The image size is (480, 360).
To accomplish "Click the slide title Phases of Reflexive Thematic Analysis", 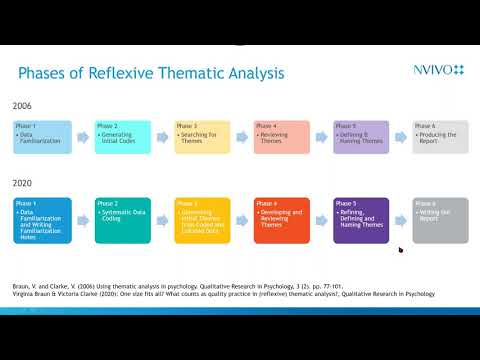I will pos(152,73).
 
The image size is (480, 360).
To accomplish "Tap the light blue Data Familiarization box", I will pos(43,136).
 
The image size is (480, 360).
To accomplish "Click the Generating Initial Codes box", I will pos(122,136).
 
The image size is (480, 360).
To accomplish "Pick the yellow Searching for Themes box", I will pos(202,136).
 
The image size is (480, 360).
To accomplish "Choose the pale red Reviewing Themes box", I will pos(282,136).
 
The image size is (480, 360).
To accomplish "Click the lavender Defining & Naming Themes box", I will pos(361,136).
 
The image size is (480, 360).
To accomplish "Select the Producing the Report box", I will pos(440,136).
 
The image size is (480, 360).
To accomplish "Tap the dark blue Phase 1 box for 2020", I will pos(43,220).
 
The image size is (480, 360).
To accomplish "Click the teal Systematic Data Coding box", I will pos(122,220).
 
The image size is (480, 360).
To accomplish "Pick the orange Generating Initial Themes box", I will pos(202,220).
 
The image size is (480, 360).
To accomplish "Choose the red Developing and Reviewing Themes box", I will pos(282,220).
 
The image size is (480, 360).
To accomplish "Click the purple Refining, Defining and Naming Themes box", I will pos(361,220).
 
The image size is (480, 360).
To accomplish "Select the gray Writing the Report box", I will pos(440,220).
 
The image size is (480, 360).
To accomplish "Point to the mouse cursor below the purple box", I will pos(400,250).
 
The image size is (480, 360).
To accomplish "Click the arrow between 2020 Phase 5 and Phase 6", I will pos(400,220).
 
